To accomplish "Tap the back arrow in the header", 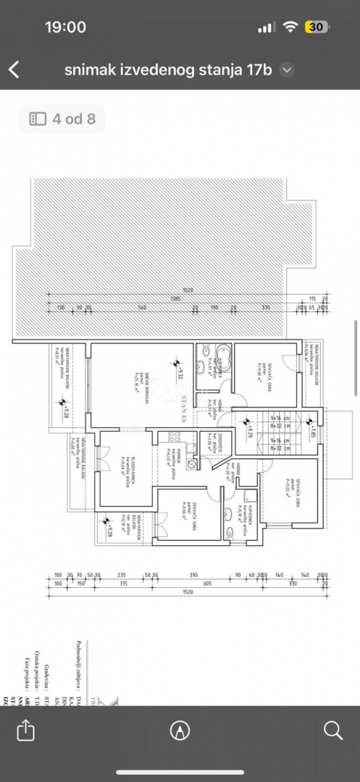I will click(x=14, y=70).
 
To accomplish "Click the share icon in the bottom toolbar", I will click(x=25, y=730).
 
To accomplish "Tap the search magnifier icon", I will click(x=333, y=730).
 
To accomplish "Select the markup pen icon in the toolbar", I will click(x=180, y=731).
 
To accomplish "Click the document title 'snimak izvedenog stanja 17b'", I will click(x=167, y=70).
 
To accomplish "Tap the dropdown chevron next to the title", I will click(x=288, y=70).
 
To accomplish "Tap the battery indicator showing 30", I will click(x=317, y=27).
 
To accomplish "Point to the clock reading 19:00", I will click(x=65, y=27).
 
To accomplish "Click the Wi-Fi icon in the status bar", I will click(x=290, y=27).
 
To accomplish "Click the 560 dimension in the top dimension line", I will click(x=142, y=308).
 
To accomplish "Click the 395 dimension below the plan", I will click(x=193, y=575).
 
